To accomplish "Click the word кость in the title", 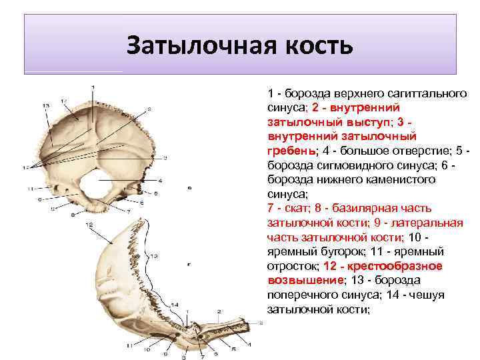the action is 315,46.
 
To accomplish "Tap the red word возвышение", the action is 304,281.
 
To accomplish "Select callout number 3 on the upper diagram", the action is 165,157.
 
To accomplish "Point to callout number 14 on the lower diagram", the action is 174,305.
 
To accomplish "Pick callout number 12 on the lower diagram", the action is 89,226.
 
